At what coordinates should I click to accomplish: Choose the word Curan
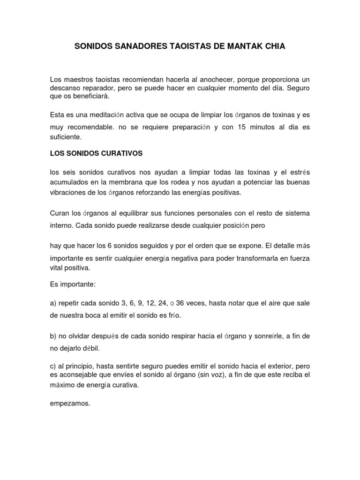click(60, 214)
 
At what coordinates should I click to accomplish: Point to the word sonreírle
click(270, 337)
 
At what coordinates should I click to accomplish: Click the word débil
click(91, 348)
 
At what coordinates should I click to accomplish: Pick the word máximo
click(61, 385)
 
